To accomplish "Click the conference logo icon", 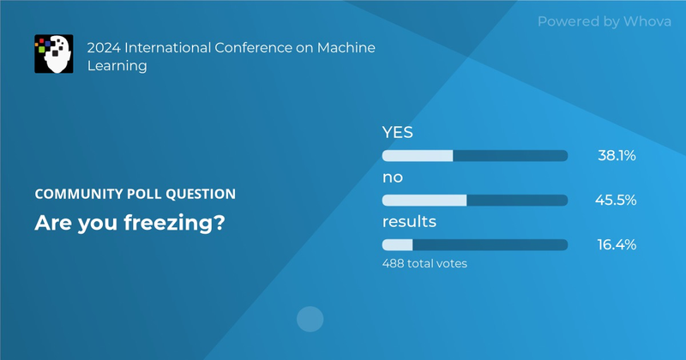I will [x=51, y=53].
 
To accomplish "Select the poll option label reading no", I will [x=392, y=177].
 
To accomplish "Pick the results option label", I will [x=409, y=222].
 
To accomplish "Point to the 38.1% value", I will [x=616, y=156].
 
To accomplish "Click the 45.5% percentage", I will [x=616, y=201].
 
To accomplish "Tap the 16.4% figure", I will [x=616, y=245].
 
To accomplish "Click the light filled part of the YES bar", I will [x=417, y=156].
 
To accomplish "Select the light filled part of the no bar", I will [x=424, y=201].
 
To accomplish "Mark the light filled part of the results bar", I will [x=397, y=245].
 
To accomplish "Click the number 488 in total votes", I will [x=393, y=264].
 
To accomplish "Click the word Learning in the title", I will [x=117, y=65].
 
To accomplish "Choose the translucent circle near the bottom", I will [x=310, y=320].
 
